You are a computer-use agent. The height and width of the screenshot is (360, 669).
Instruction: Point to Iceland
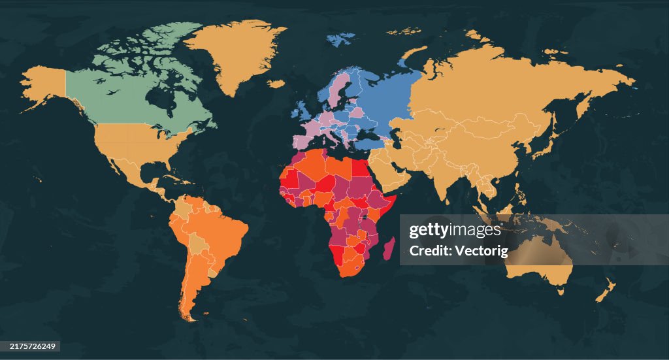pos(276,84)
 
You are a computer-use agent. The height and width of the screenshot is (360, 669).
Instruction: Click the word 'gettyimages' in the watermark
pos(454,231)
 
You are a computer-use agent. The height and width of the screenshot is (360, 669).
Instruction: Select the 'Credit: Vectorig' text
pos(454,250)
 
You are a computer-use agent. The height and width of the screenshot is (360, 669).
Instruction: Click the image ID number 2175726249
pos(29,347)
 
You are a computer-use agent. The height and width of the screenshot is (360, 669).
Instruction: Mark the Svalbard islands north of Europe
pos(340,39)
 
